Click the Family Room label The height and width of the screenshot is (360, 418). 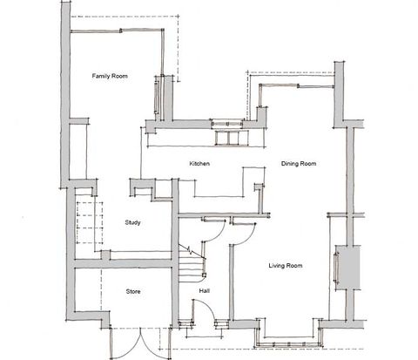click(x=111, y=78)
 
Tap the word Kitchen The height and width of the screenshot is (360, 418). click(x=200, y=164)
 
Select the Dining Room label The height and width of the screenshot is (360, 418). click(x=298, y=164)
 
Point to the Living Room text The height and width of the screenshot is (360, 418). click(x=285, y=265)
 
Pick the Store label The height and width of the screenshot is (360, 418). click(x=133, y=291)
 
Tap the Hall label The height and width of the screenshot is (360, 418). click(x=204, y=291)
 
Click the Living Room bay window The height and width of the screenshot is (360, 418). click(x=287, y=336)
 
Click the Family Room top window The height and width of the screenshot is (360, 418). click(x=118, y=29)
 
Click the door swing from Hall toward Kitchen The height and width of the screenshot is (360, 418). click(x=213, y=228)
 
